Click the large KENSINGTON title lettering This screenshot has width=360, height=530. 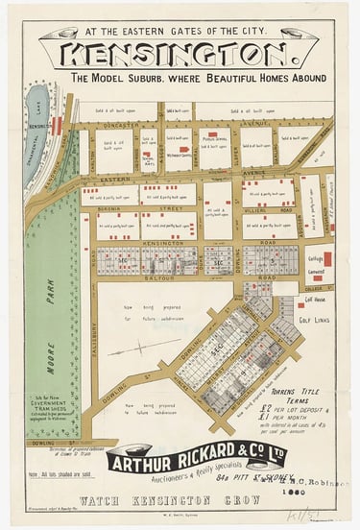click(181, 54)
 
